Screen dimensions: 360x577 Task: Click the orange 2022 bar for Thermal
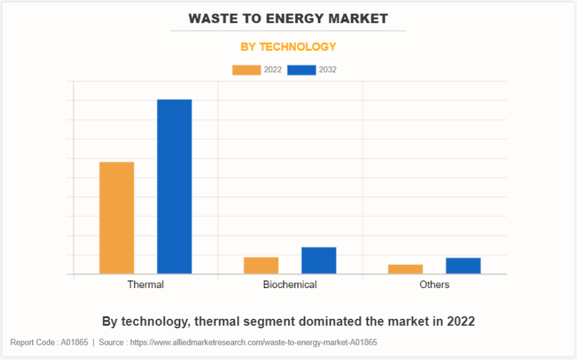click(117, 218)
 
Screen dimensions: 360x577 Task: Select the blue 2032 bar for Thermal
click(174, 186)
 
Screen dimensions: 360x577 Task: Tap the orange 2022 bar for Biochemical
click(261, 265)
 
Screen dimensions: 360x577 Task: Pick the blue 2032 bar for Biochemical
click(318, 260)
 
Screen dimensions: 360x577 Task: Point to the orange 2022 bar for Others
click(406, 269)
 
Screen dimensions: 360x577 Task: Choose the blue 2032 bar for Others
click(463, 265)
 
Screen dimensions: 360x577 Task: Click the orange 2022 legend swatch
click(246, 70)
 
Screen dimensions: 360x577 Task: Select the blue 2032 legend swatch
click(302, 70)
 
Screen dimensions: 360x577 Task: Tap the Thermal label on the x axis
click(145, 285)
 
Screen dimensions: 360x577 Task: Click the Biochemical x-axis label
click(290, 285)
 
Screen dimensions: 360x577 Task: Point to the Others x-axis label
click(435, 285)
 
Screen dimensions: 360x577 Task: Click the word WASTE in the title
click(210, 19)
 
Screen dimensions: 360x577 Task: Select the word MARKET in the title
click(358, 19)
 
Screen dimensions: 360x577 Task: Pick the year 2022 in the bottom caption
click(461, 321)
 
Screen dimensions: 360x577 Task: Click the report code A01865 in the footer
click(74, 343)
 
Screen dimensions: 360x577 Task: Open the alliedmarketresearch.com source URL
click(253, 343)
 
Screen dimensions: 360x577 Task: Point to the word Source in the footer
click(111, 343)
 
